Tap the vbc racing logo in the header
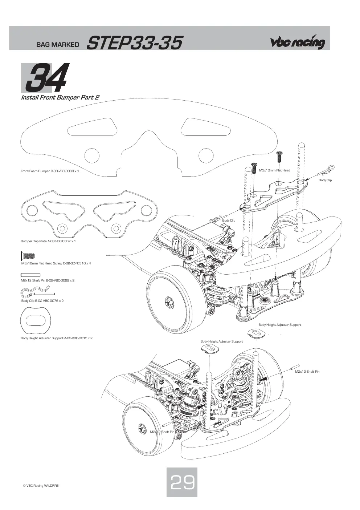point(297,42)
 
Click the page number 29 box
point(182,482)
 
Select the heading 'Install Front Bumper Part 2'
point(60,97)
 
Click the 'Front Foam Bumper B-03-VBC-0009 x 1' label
point(50,171)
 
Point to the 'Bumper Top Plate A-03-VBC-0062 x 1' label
point(48,241)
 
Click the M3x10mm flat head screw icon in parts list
point(28,256)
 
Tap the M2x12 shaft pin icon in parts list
point(30,275)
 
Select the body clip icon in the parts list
point(38,292)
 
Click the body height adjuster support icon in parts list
point(36,321)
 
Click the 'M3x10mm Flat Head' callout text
point(274,170)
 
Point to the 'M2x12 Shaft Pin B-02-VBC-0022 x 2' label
point(48,280)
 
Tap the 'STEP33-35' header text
point(134,43)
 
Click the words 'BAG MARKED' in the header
point(58,44)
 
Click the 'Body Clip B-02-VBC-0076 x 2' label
point(42,300)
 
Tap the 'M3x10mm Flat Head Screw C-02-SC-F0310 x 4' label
point(56,263)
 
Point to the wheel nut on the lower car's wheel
point(142,429)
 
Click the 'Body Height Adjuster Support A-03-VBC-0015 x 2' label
point(57,338)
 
